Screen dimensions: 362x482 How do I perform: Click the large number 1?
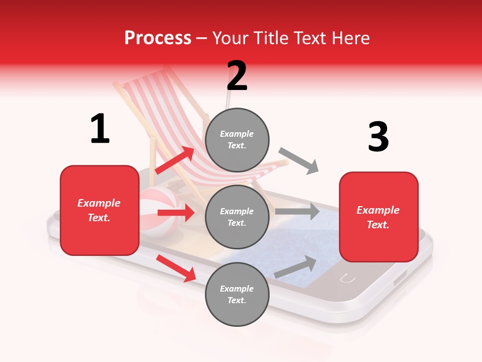pyautogui.click(x=100, y=129)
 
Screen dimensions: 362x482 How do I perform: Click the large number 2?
pyautogui.click(x=237, y=76)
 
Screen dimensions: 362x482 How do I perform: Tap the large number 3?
pyautogui.click(x=378, y=137)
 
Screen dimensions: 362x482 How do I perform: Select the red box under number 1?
pyautogui.click(x=99, y=210)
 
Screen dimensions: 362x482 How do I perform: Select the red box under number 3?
pyautogui.click(x=379, y=217)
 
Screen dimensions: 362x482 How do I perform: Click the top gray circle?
pyautogui.click(x=237, y=140)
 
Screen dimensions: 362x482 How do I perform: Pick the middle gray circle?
pyautogui.click(x=237, y=217)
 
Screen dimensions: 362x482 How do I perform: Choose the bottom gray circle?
pyautogui.click(x=237, y=294)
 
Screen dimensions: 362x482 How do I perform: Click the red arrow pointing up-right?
pyautogui.click(x=175, y=160)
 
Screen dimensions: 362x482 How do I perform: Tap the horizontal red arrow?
pyautogui.click(x=176, y=213)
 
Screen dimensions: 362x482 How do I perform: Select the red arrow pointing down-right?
pyautogui.click(x=176, y=267)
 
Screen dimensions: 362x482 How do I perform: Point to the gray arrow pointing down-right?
pyautogui.click(x=299, y=161)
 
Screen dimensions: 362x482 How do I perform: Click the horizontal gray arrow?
pyautogui.click(x=297, y=211)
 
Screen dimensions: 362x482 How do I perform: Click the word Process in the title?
pyautogui.click(x=158, y=38)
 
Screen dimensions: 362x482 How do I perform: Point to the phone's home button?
pyautogui.click(x=347, y=278)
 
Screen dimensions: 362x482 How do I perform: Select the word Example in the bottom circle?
pyautogui.click(x=237, y=289)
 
